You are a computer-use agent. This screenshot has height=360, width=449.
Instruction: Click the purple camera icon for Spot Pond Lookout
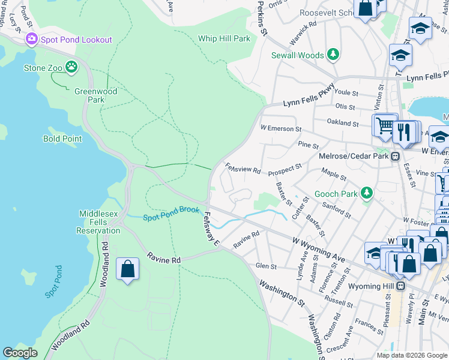click(31, 40)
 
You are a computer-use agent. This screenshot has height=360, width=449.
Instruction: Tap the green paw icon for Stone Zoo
click(72, 67)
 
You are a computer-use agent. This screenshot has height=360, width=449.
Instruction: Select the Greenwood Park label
click(95, 95)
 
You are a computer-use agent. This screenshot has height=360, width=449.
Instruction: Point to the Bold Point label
click(62, 139)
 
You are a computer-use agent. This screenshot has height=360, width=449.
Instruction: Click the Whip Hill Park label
click(224, 38)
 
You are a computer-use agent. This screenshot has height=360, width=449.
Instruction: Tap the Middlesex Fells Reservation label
click(99, 222)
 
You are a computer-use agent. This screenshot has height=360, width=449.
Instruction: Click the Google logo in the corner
click(20, 353)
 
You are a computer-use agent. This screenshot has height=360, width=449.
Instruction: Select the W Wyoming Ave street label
click(319, 249)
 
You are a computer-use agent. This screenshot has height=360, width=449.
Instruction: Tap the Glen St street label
click(266, 266)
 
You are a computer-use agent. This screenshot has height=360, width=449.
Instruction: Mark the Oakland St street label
click(343, 123)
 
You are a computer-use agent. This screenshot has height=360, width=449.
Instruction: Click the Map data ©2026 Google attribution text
click(411, 355)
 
